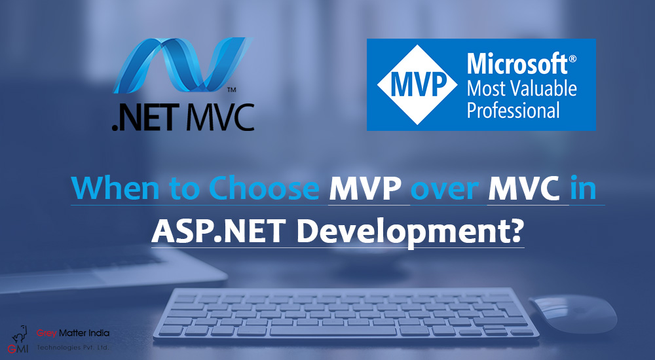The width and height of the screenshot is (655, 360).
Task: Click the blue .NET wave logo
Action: [x=183, y=65]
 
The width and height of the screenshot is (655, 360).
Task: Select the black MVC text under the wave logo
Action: [x=220, y=117]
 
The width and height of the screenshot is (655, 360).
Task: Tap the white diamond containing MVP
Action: [x=417, y=85]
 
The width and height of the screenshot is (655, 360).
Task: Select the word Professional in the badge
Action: [x=513, y=110]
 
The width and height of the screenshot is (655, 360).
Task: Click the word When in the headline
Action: [x=115, y=189]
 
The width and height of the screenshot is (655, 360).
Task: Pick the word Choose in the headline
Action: [x=264, y=189]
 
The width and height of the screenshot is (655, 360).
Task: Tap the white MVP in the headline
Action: [x=365, y=189]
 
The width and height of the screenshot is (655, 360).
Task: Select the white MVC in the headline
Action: [x=524, y=189]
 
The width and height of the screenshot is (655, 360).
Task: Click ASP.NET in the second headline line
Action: [x=215, y=231]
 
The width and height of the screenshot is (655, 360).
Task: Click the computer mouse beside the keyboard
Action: [x=572, y=314]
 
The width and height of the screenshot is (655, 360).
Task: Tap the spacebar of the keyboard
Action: [x=333, y=331]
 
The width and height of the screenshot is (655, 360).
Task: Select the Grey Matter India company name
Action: [x=73, y=333]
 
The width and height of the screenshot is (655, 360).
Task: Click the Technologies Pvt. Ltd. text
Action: [x=73, y=347]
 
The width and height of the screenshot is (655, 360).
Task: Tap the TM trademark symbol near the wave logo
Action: [x=231, y=90]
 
